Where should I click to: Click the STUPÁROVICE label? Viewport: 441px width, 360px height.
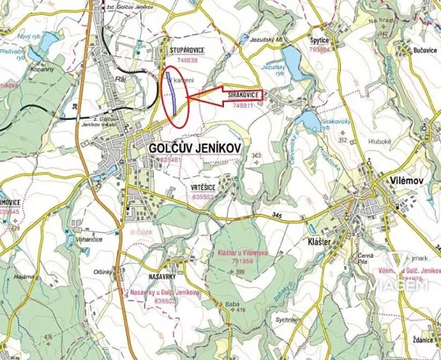184,50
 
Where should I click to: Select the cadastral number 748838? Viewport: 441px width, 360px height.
186,59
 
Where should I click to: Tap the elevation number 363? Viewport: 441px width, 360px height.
256,156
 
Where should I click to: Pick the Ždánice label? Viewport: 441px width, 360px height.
420,338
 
